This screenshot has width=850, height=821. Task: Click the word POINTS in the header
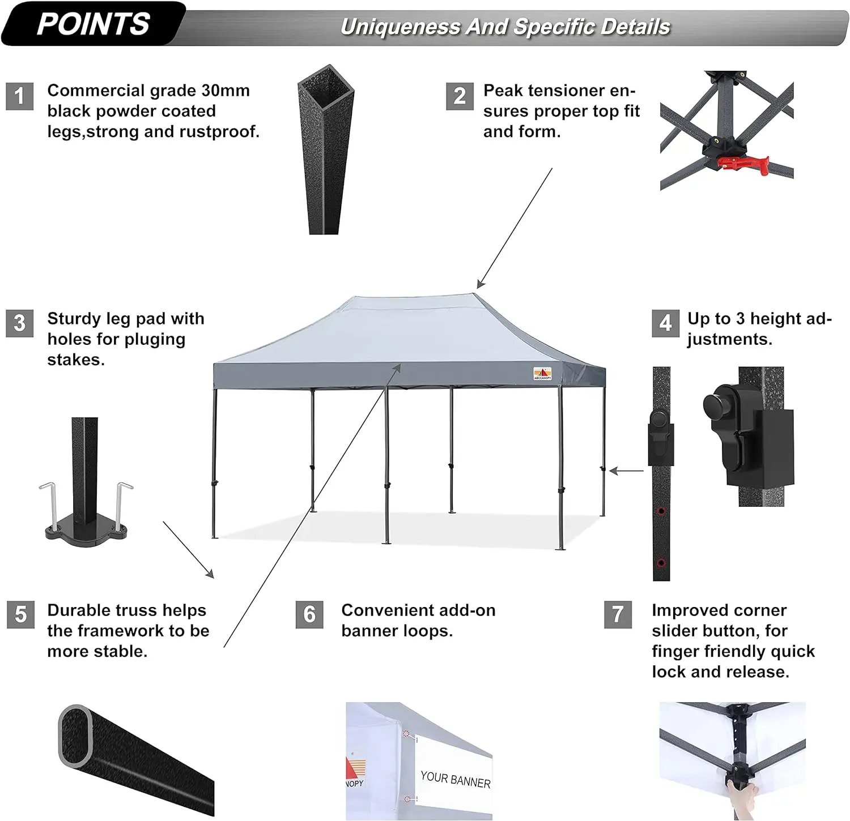tap(93, 24)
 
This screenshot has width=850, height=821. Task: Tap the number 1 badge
tap(20, 96)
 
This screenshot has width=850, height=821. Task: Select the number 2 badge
tap(460, 96)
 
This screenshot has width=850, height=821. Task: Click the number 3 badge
tap(20, 323)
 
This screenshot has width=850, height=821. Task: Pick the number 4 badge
tap(665, 323)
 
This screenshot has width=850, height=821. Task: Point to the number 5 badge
tap(21, 615)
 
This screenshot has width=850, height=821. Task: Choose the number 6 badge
tap(309, 615)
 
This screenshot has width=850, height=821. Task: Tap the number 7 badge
tap(618, 615)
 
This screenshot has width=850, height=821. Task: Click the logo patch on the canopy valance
tap(542, 374)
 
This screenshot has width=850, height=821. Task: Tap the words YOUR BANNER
tap(455, 780)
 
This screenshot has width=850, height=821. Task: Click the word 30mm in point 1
tap(226, 91)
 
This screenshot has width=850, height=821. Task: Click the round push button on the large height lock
tap(716, 404)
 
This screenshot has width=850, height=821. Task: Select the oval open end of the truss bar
tap(75, 734)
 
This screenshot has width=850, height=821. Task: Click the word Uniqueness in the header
tap(399, 27)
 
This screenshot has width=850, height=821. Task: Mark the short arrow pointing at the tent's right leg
tap(626, 471)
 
